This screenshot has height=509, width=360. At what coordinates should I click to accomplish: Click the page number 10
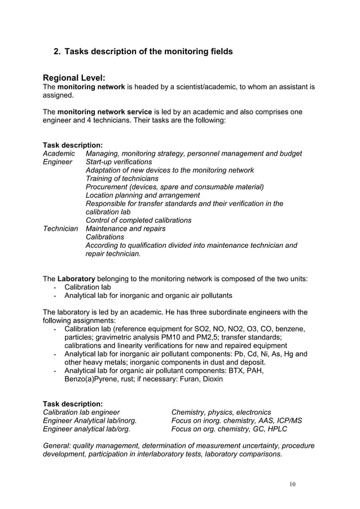pyautogui.click(x=292, y=484)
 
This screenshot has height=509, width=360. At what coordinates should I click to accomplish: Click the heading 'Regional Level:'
pyautogui.click(x=74, y=77)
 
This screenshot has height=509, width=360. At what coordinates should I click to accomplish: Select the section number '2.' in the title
pyautogui.click(x=57, y=51)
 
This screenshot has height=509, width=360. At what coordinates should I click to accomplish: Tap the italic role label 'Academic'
pyautogui.click(x=58, y=153)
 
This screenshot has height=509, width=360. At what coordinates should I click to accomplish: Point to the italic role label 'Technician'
pyautogui.click(x=60, y=229)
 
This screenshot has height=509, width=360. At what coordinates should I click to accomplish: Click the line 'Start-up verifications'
pyautogui.click(x=118, y=162)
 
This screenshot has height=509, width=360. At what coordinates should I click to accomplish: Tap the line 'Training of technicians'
pyautogui.click(x=122, y=178)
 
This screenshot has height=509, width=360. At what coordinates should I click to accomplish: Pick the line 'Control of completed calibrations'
pyautogui.click(x=138, y=220)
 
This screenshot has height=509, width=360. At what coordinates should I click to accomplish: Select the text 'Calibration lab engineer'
pyautogui.click(x=81, y=412)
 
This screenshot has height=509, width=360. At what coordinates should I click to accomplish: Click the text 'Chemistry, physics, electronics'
pyautogui.click(x=221, y=412)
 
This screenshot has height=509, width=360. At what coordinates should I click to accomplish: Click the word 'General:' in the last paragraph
pyautogui.click(x=59, y=445)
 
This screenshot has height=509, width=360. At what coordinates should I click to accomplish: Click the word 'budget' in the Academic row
pyautogui.click(x=289, y=153)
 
